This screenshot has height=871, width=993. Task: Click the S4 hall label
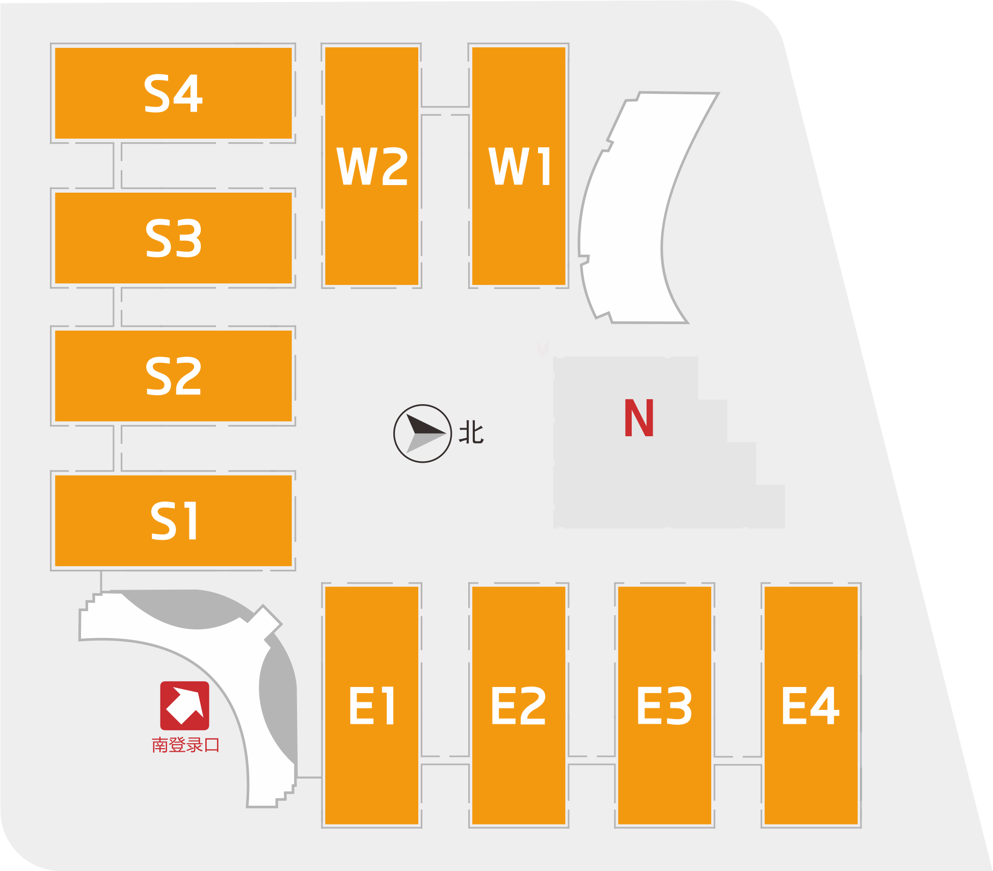pyautogui.click(x=173, y=93)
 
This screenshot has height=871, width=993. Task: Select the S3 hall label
pyautogui.click(x=173, y=237)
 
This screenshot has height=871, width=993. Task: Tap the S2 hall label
pyautogui.click(x=173, y=376)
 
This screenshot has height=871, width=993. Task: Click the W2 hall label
pyautogui.click(x=372, y=166)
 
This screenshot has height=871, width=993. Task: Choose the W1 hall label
pyautogui.click(x=519, y=166)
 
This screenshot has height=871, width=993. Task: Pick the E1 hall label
pyautogui.click(x=372, y=705)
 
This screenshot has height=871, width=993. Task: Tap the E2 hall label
pyautogui.click(x=519, y=705)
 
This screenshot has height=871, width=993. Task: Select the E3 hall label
pyautogui.click(x=664, y=705)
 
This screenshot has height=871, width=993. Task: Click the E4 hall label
pyautogui.click(x=811, y=705)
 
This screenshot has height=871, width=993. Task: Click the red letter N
pyautogui.click(x=639, y=418)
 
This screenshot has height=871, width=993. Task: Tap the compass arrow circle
pyautogui.click(x=422, y=434)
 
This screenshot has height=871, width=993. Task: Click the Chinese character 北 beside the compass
pyautogui.click(x=471, y=433)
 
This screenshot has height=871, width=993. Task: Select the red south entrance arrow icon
pyautogui.click(x=184, y=705)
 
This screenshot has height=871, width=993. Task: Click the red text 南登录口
pyautogui.click(x=185, y=745)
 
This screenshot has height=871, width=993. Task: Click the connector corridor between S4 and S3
pyautogui.click(x=117, y=166)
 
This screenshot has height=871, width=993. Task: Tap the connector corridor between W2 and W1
pyautogui.click(x=445, y=111)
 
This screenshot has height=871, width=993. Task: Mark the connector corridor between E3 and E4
pyautogui.click(x=738, y=760)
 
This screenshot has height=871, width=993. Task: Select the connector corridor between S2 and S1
pyautogui.click(x=117, y=448)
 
